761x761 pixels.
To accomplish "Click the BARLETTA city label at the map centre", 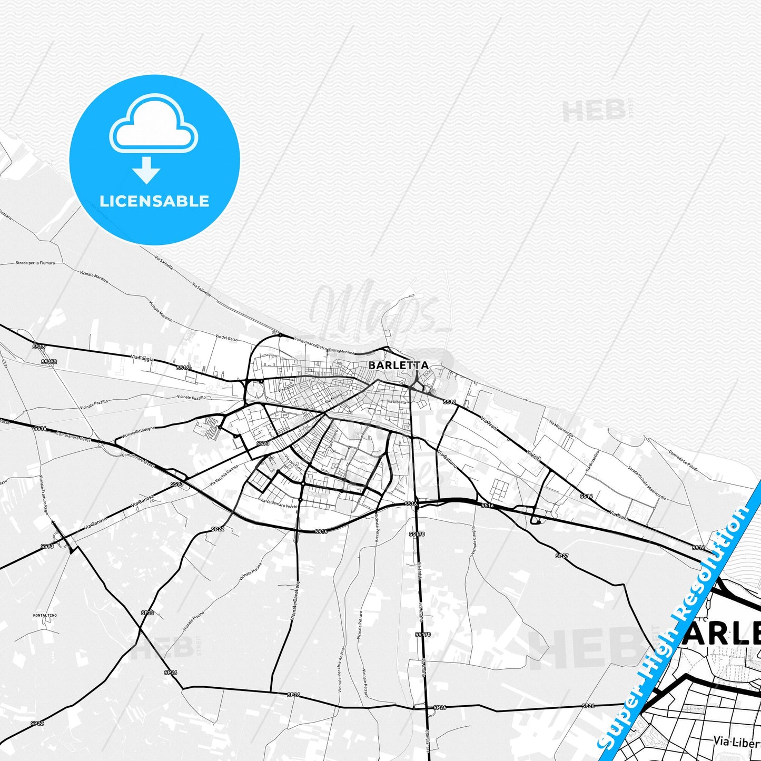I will (398, 365).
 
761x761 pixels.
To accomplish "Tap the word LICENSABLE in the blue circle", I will (154, 201).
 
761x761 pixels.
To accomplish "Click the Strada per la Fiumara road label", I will (35, 262).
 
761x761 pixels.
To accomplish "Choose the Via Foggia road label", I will (142, 358).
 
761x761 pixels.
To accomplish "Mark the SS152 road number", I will (49, 362).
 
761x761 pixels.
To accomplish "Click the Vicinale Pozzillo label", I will (191, 397).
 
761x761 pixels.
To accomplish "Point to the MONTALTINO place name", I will (45, 615).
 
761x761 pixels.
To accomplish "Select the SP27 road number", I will (562, 556).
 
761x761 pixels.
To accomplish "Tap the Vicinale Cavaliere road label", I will (295, 600).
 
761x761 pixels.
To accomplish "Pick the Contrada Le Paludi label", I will (683, 461).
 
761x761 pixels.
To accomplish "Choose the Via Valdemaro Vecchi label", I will (279, 503).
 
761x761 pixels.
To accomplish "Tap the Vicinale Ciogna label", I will (474, 540).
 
